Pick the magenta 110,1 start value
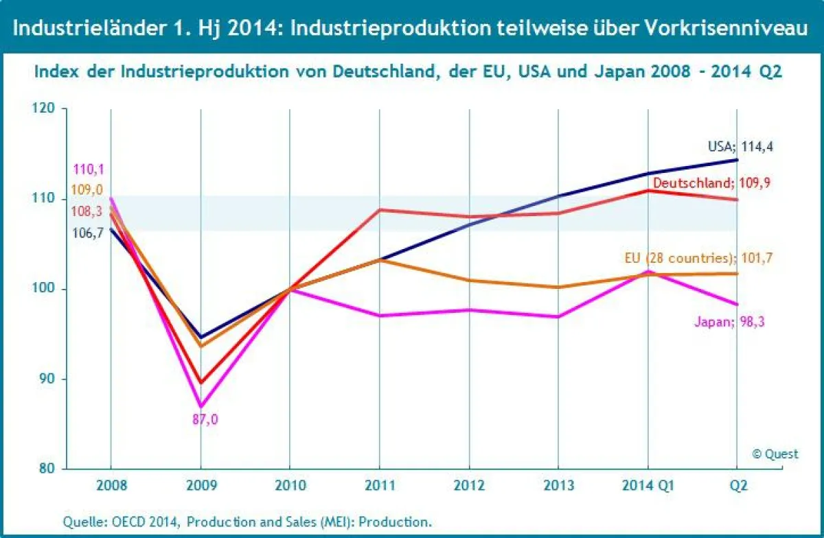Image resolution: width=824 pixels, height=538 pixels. pos(90,169)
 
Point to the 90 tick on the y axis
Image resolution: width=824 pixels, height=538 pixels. pos(48,379)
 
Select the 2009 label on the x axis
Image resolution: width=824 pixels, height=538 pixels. pos(201,486)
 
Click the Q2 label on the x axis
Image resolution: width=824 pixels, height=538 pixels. pos(738,486)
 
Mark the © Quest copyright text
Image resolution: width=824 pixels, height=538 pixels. pos(775,454)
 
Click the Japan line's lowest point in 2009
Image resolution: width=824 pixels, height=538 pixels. pos(201,406)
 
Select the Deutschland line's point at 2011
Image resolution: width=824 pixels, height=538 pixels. pos(379,209)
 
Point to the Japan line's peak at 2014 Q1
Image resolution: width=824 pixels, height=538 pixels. pos(648,271)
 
